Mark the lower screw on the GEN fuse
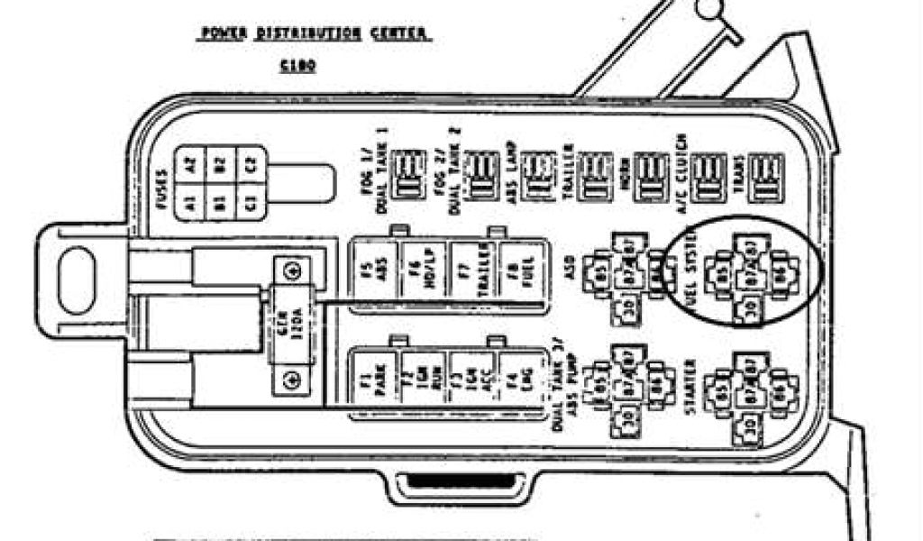coord(291,381)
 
